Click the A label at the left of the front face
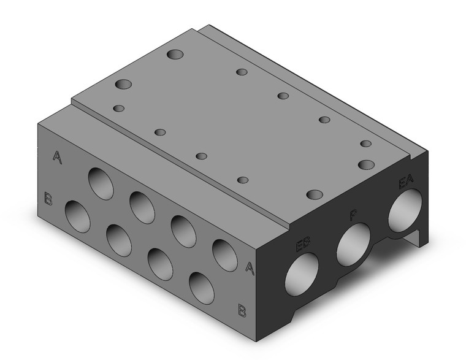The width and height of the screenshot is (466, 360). click(x=57, y=157)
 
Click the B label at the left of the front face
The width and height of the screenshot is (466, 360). click(x=48, y=197)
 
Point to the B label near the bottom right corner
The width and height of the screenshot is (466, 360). click(x=242, y=310)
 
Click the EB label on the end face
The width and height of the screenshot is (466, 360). click(x=302, y=246)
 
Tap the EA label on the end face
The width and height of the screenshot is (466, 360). click(x=405, y=182)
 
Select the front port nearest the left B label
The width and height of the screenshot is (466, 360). click(x=77, y=216)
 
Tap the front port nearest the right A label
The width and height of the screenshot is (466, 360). click(x=225, y=256)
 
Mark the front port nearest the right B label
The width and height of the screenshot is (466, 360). click(x=202, y=288)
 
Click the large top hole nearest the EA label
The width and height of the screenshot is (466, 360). click(x=367, y=164)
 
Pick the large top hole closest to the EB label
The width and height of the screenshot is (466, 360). click(x=315, y=194)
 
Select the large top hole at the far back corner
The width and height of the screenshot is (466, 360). click(x=175, y=55)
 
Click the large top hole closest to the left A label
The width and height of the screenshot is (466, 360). click(x=123, y=84)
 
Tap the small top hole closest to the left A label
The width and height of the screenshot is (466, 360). click(x=119, y=109)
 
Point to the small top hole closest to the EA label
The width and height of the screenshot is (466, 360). click(x=366, y=144)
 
